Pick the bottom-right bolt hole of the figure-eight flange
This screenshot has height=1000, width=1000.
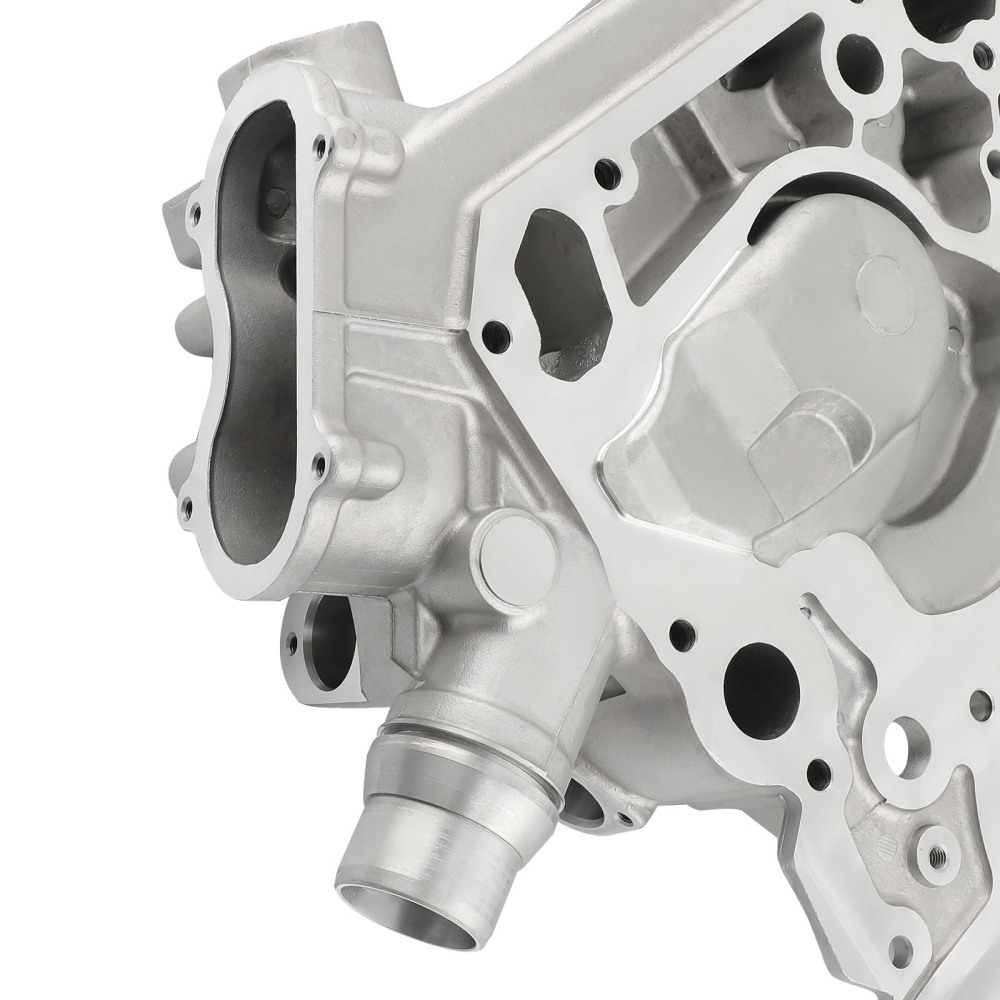point(319,462)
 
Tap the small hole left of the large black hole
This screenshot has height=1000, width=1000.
point(681,632)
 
